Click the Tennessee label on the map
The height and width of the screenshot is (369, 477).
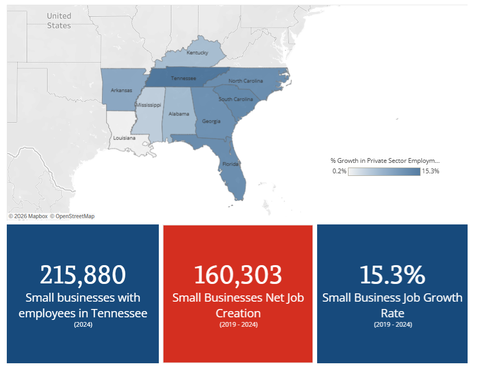pyautogui.click(x=184, y=78)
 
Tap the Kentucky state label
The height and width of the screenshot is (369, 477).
pyautogui.click(x=197, y=53)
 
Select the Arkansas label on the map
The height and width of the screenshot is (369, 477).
pyautogui.click(x=121, y=90)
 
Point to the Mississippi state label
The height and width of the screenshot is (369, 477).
pyautogui.click(x=148, y=105)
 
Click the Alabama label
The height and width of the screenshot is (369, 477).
pyautogui.click(x=178, y=113)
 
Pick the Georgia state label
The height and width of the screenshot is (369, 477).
pyautogui.click(x=211, y=122)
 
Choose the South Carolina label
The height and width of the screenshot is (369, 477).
pyautogui.click(x=236, y=99)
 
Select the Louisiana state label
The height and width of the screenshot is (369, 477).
pyautogui.click(x=125, y=138)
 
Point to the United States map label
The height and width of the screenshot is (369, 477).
pyautogui.click(x=59, y=21)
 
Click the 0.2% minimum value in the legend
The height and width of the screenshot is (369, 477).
pyautogui.click(x=339, y=171)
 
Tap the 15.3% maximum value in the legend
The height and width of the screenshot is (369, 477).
pyautogui.click(x=431, y=171)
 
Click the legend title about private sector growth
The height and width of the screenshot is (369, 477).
pyautogui.click(x=385, y=161)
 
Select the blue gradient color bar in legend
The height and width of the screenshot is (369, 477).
pyautogui.click(x=384, y=171)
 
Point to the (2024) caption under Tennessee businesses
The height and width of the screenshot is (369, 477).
pyautogui.click(x=83, y=325)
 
